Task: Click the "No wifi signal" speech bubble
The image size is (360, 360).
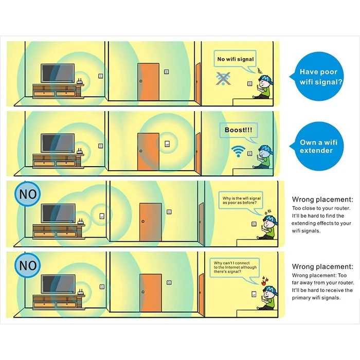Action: click(x=235, y=59)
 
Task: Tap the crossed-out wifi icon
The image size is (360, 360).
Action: click(x=223, y=79)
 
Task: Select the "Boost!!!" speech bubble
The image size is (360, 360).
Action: click(x=239, y=130)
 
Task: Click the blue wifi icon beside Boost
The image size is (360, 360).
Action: click(x=238, y=151)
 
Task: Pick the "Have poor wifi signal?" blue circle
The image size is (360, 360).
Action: click(x=319, y=77)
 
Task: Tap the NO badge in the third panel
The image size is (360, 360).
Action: click(x=28, y=194)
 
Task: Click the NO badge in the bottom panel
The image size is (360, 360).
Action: click(x=28, y=265)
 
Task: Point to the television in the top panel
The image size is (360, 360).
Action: click(x=58, y=73)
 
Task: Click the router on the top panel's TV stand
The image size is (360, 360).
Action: click(x=80, y=82)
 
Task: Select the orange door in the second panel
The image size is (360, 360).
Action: click(x=148, y=152)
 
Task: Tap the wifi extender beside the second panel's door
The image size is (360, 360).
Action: click(x=167, y=144)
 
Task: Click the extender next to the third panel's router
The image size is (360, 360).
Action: click(x=102, y=216)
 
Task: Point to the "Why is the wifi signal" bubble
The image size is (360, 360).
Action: click(x=241, y=200)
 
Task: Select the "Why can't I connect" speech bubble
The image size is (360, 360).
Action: click(x=235, y=267)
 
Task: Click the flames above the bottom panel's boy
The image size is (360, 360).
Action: click(x=264, y=281)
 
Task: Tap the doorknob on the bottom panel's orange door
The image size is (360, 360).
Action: click(x=143, y=292)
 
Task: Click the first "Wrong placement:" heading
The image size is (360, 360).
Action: click(x=322, y=200)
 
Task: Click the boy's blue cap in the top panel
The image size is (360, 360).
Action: click(x=266, y=78)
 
